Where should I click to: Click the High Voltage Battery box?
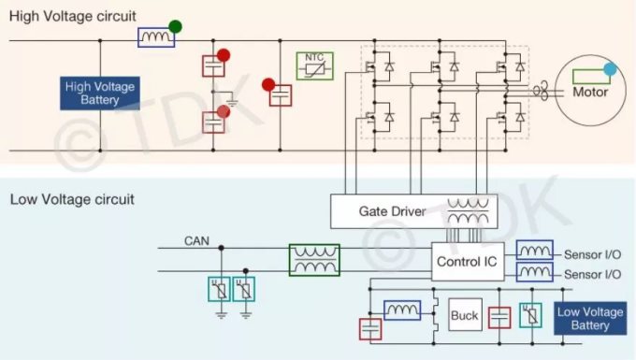100,94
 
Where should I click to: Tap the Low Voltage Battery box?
590,318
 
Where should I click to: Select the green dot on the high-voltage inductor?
175,27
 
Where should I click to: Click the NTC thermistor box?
315,65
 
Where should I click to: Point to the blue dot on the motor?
610,69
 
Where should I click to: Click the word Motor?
590,92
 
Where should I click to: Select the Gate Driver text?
392,211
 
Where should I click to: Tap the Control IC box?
468,262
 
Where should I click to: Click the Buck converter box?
465,315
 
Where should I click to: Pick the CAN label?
196,241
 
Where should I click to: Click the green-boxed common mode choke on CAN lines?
314,260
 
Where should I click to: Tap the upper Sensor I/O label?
593,254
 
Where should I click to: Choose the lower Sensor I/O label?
593,275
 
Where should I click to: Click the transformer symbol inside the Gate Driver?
468,211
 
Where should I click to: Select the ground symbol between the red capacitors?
232,100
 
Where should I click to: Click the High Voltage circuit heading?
73,16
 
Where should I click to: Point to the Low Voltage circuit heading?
72,199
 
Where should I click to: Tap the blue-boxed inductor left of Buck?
402,310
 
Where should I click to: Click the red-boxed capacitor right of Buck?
499,318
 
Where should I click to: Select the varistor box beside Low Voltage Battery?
530,315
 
